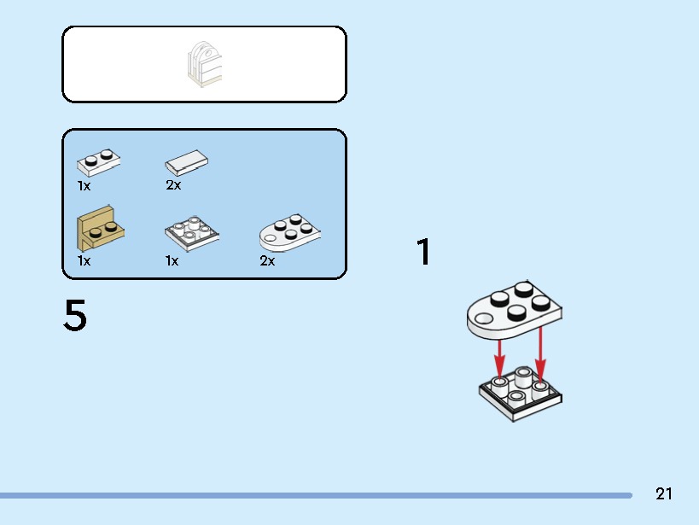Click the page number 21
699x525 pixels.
coord(664,493)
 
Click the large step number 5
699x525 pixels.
coord(75,315)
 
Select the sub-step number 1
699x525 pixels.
coord(424,252)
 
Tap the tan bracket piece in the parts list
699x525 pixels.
coord(101,229)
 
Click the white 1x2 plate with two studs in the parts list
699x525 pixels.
coord(98,162)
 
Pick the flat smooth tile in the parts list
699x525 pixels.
coord(186,162)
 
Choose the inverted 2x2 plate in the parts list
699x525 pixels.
coord(192,233)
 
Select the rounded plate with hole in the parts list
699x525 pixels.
coord(289,233)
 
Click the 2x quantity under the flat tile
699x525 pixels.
coord(173,184)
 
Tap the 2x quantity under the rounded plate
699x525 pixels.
coord(267,260)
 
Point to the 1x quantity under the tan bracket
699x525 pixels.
coord(84,260)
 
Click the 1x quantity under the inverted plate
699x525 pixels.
coord(172,260)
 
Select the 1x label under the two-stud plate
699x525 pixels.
coord(84,185)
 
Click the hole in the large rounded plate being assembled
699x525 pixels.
coord(484,318)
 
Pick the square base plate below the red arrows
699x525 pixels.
coord(521,394)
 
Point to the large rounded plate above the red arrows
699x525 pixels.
coord(515,309)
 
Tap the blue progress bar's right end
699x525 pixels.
coord(631,495)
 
